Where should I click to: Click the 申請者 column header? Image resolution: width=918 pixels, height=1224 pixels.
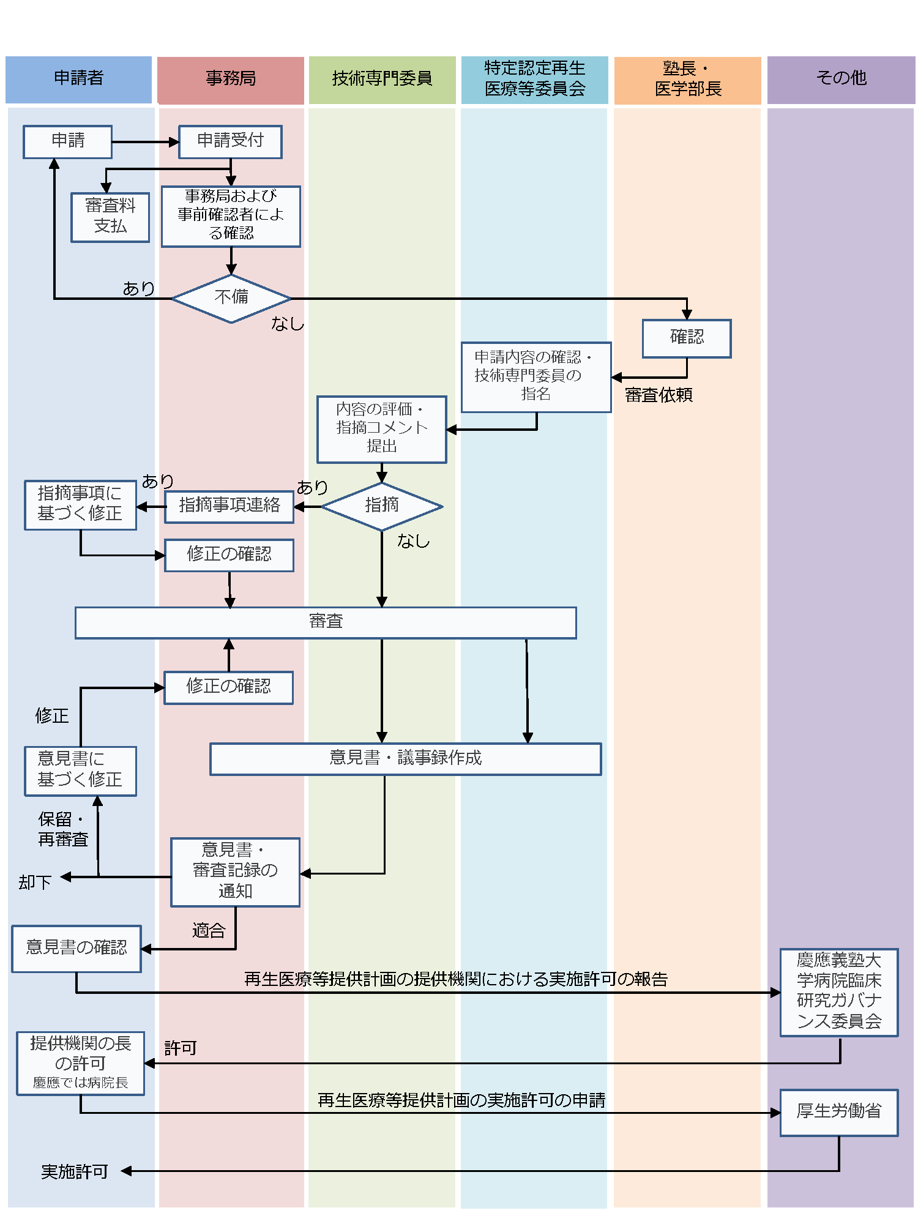[x=78, y=79]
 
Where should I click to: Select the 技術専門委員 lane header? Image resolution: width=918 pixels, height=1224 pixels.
[x=382, y=79]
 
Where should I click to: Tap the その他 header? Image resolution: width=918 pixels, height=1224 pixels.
[x=841, y=79]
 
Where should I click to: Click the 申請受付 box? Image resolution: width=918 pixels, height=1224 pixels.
[x=230, y=141]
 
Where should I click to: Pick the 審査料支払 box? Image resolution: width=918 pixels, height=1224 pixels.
[x=110, y=217]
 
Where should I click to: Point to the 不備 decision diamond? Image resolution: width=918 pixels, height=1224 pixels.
[x=231, y=298]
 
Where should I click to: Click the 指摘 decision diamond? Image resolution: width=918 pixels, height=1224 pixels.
[x=382, y=506]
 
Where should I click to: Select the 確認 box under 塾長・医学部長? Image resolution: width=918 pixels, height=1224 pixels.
[x=687, y=338]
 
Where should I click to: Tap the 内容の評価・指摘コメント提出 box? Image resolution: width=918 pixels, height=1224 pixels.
[x=382, y=429]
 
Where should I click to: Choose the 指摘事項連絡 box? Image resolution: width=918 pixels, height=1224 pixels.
[x=229, y=506]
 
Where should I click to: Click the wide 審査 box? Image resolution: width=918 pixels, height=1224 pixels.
[x=326, y=622]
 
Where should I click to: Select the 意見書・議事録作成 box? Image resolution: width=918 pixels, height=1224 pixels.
[x=405, y=759]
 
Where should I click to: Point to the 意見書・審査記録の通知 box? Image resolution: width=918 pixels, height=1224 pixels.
[x=235, y=871]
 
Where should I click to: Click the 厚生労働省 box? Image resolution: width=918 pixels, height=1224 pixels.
[x=838, y=1112]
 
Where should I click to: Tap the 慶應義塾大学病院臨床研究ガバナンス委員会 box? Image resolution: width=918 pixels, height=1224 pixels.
[x=838, y=992]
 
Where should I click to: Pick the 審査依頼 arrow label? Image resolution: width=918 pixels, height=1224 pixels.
[x=659, y=395]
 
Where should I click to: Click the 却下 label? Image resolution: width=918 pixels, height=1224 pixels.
[x=35, y=883]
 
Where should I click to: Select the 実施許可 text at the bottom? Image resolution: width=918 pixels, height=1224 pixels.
[x=75, y=1171]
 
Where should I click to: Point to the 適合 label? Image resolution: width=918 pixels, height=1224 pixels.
[x=209, y=931]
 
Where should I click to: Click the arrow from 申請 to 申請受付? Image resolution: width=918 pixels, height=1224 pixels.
[x=145, y=142]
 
